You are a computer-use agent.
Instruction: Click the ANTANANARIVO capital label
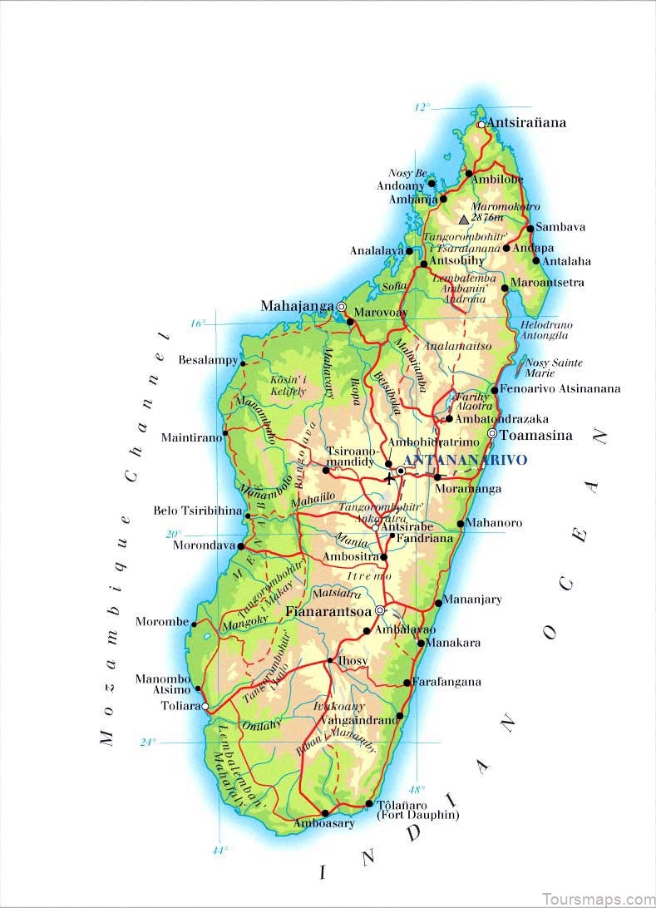(x=465, y=460)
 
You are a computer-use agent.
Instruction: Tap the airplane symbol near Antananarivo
(x=388, y=478)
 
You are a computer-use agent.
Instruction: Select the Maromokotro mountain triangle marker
(x=464, y=220)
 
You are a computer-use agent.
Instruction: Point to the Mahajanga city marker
(x=341, y=307)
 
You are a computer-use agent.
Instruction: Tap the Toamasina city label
(x=535, y=435)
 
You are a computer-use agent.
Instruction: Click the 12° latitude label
(x=423, y=107)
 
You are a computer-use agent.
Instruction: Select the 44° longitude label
(x=219, y=850)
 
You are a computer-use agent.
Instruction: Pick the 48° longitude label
(x=416, y=789)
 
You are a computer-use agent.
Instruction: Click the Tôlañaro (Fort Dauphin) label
(x=417, y=810)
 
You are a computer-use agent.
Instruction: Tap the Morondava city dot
(x=240, y=546)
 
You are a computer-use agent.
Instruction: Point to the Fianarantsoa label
(x=328, y=611)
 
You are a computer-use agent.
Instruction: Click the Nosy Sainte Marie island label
(x=554, y=368)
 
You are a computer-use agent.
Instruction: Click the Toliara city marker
(x=205, y=706)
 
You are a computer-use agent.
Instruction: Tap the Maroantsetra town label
(x=547, y=283)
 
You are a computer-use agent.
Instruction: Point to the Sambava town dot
(x=530, y=228)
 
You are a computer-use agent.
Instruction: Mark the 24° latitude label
(x=148, y=742)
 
